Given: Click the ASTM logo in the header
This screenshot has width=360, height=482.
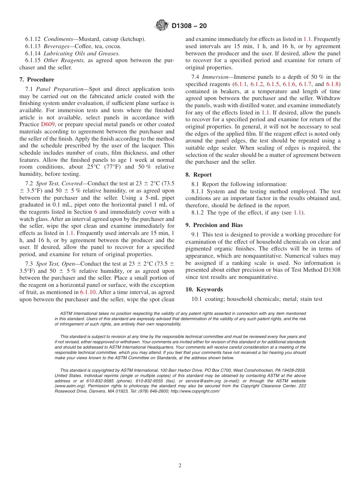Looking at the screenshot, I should click(x=162, y=26).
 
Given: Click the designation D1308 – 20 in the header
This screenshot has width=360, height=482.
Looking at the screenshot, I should click(x=189, y=26).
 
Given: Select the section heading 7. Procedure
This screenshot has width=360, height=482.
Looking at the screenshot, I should click(x=37, y=80).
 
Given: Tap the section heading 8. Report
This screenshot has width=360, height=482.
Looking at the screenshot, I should click(x=199, y=175).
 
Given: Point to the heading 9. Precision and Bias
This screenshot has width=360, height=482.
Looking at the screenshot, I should click(x=214, y=225).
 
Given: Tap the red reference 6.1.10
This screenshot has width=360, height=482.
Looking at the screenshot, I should click(x=88, y=292).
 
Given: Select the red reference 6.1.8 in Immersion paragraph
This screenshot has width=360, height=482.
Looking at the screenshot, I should click(x=333, y=84).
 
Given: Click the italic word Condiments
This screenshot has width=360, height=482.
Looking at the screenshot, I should click(x=59, y=39).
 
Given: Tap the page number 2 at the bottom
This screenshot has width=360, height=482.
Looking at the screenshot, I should click(x=180, y=466).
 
